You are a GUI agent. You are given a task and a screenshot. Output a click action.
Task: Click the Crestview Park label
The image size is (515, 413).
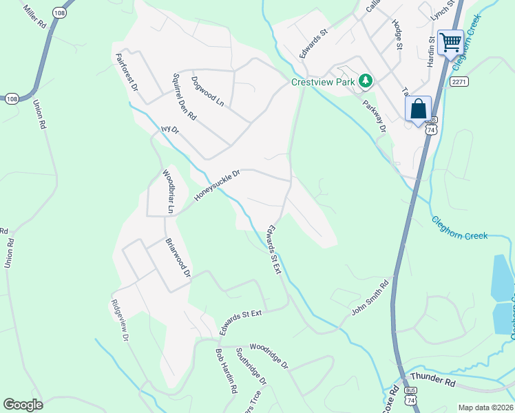click(322, 82)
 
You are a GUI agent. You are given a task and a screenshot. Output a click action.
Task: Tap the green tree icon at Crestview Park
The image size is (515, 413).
click(366, 81)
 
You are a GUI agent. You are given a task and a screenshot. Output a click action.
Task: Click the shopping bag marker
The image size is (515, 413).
click(418, 109)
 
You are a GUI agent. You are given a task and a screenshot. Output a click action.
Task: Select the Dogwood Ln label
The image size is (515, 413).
click(207, 91)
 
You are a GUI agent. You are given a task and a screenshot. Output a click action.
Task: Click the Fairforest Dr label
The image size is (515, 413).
click(127, 73)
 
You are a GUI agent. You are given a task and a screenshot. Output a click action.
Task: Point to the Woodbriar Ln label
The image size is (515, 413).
click(169, 191)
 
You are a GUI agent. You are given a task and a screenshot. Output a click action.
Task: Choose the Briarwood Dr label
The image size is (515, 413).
click(178, 257)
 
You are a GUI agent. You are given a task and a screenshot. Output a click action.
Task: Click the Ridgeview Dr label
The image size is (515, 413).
click(120, 320)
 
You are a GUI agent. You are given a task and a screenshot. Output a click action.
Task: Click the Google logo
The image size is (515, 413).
click(23, 404)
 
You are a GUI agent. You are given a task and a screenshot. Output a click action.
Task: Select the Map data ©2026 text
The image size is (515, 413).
click(485, 407)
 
